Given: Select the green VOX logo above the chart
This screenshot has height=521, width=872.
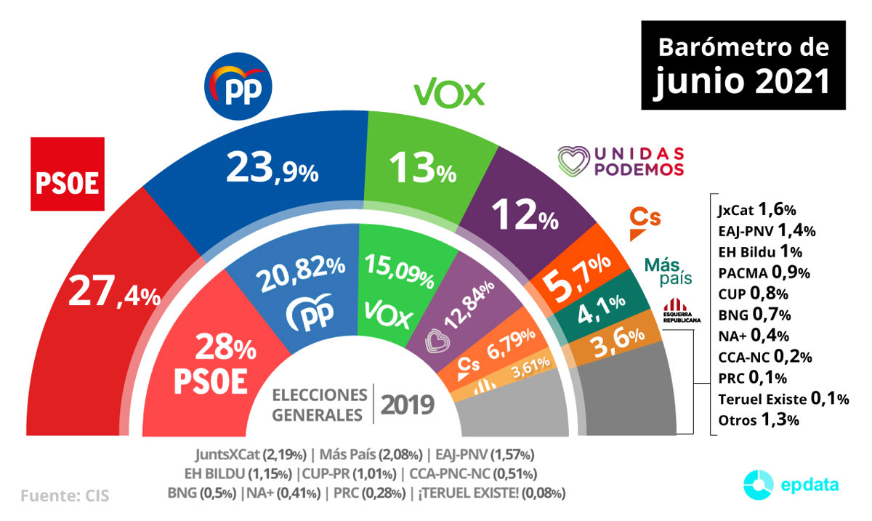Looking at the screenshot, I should click(449, 93).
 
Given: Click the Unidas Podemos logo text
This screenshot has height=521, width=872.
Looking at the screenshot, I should click(621, 161).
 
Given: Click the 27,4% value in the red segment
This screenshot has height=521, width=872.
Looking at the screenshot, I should click(114, 292).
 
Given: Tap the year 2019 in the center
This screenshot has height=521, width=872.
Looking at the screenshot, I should click(408, 403).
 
